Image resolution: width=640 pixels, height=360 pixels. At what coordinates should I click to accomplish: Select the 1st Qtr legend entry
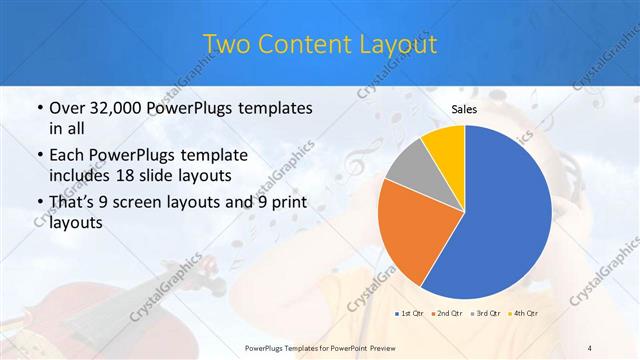410,313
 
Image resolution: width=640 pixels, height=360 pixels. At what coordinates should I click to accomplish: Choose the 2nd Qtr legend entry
447,313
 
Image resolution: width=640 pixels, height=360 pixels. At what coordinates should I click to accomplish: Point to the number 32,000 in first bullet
114,108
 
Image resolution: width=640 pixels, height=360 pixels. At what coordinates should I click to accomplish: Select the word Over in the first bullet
66,108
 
